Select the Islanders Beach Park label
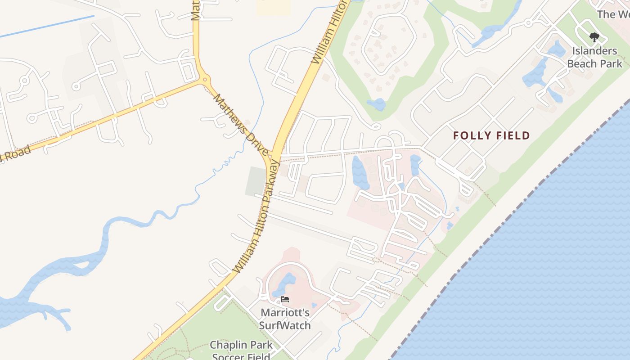coord(594,57)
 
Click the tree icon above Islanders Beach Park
coord(594,37)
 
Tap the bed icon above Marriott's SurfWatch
coord(284,299)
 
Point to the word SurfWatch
coord(285,324)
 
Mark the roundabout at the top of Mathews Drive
coord(206,80)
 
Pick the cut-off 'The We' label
coord(613,14)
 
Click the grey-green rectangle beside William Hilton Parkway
coord(256,181)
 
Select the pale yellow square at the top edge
coord(274,7)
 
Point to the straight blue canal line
coord(47,26)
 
